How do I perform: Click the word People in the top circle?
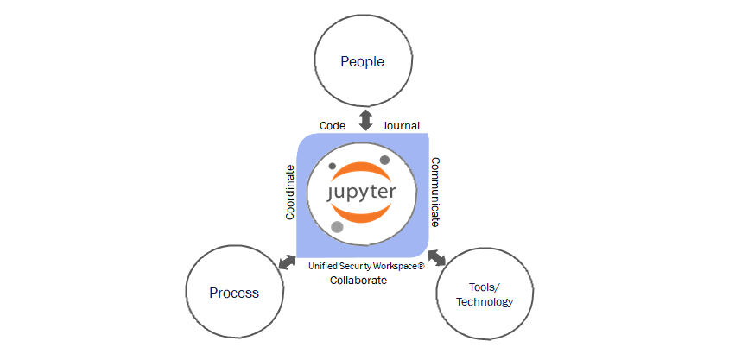[362, 61]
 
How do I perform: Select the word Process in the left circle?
[234, 293]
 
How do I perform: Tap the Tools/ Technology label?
[485, 294]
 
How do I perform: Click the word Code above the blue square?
[333, 126]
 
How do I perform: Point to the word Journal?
[401, 126]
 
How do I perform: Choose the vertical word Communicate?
[436, 192]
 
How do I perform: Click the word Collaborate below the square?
[358, 281]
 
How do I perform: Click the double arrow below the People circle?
[366, 119]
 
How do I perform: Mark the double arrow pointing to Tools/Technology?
[437, 257]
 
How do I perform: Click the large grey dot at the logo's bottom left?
[337, 227]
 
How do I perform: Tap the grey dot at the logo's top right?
[385, 160]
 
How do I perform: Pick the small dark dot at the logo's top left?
[333, 166]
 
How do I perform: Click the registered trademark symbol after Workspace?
[421, 267]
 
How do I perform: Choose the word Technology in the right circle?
[485, 302]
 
